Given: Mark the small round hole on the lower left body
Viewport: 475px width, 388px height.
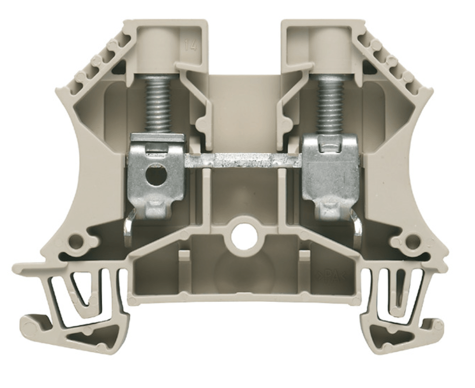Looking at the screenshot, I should pos(76,241).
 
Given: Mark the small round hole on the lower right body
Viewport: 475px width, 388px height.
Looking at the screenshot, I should pos(412,241).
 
